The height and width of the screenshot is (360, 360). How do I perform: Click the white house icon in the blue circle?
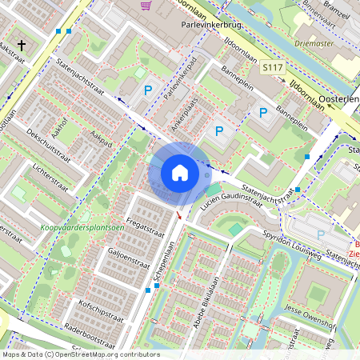(179, 173)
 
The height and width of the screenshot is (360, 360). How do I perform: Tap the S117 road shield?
(273, 68)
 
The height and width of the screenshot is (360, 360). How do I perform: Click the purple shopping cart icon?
(146, 5)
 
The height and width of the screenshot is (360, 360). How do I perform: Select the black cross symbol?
(22, 45)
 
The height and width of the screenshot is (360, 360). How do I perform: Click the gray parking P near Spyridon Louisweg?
(321, 235)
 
